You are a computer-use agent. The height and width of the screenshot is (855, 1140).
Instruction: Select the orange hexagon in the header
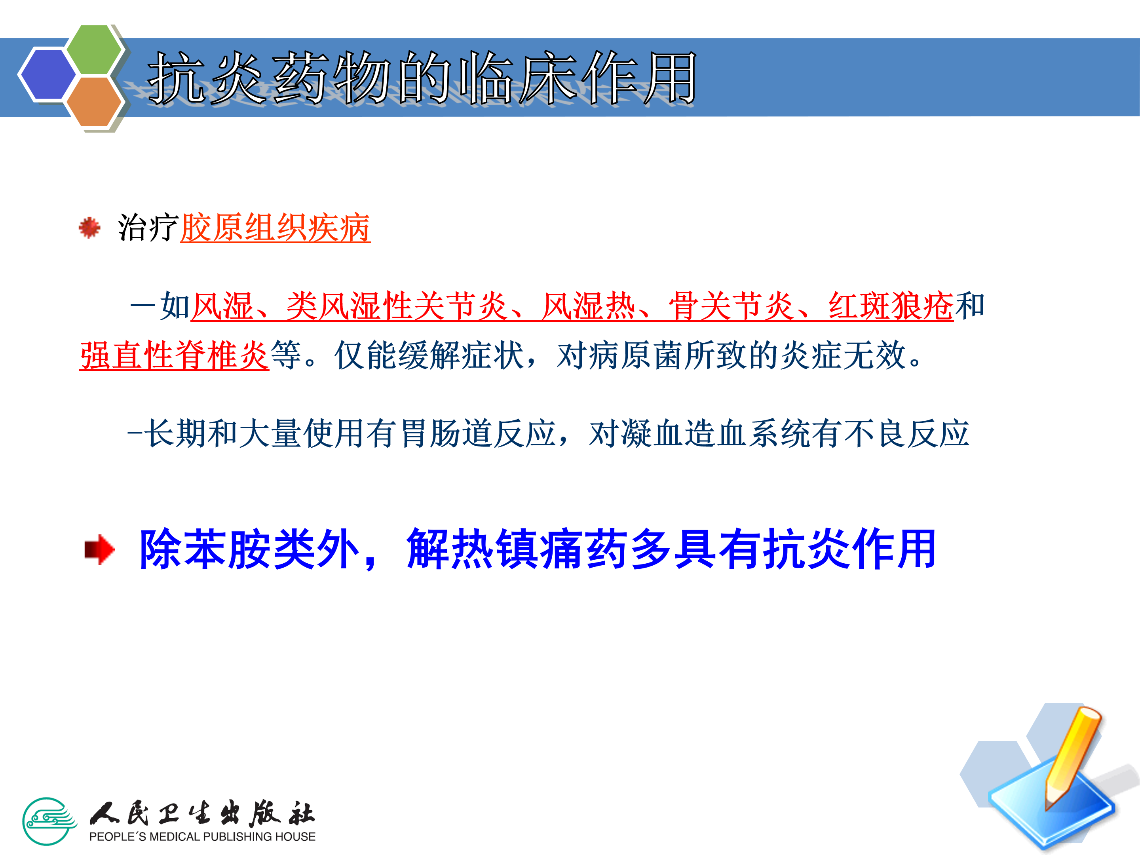(x=94, y=101)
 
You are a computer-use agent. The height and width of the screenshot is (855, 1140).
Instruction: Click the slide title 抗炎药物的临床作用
(x=422, y=78)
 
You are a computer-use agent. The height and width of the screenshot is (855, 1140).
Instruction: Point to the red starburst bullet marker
(x=89, y=227)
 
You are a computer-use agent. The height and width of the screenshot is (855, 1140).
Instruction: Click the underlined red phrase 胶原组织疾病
(x=275, y=227)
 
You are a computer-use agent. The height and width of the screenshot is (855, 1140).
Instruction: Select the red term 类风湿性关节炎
(x=397, y=306)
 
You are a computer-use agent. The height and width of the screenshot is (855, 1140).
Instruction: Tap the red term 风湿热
(x=589, y=306)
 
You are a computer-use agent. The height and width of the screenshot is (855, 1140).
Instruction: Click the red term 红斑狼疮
(x=891, y=306)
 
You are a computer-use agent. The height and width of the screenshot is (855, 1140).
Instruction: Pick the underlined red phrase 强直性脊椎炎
(x=174, y=355)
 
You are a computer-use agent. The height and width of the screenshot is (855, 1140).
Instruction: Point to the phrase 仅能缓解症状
(x=429, y=355)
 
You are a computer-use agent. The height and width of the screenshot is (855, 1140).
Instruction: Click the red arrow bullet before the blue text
(x=99, y=549)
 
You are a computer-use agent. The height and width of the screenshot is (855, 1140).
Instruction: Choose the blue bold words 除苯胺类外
(x=249, y=549)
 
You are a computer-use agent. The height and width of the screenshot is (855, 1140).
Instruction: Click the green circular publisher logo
(x=49, y=821)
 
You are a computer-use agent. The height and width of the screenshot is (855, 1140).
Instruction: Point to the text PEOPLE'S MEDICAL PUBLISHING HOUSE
(x=202, y=836)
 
